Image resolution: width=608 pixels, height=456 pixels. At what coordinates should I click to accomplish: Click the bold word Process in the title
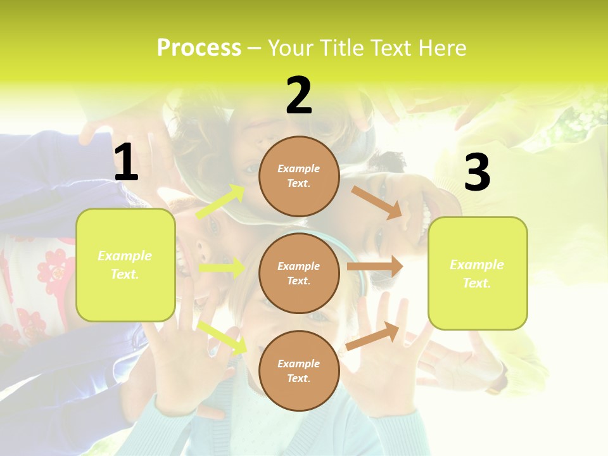click(199, 47)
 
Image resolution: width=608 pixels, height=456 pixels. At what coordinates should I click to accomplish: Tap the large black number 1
click(126, 162)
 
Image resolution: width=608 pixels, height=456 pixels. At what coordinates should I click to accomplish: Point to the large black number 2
click(299, 96)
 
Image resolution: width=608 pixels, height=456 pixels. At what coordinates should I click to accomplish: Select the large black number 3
click(477, 173)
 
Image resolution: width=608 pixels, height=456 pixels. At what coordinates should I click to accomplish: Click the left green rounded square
click(125, 265)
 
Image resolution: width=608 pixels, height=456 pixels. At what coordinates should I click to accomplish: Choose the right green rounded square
click(478, 273)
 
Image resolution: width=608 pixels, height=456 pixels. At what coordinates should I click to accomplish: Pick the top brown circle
click(299, 176)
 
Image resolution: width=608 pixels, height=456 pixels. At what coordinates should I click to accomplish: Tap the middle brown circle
click(299, 273)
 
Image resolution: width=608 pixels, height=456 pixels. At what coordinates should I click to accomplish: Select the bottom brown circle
click(299, 370)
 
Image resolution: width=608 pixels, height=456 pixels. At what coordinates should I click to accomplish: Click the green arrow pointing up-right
click(221, 202)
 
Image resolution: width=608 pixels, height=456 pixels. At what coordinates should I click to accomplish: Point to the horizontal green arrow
click(222, 268)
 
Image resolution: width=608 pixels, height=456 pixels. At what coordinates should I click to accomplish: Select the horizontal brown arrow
click(375, 267)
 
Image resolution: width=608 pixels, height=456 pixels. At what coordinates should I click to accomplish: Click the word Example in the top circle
click(299, 168)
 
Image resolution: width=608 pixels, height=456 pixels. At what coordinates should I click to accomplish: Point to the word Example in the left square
click(125, 256)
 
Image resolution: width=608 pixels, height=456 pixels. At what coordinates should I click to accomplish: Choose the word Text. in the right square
click(477, 283)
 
